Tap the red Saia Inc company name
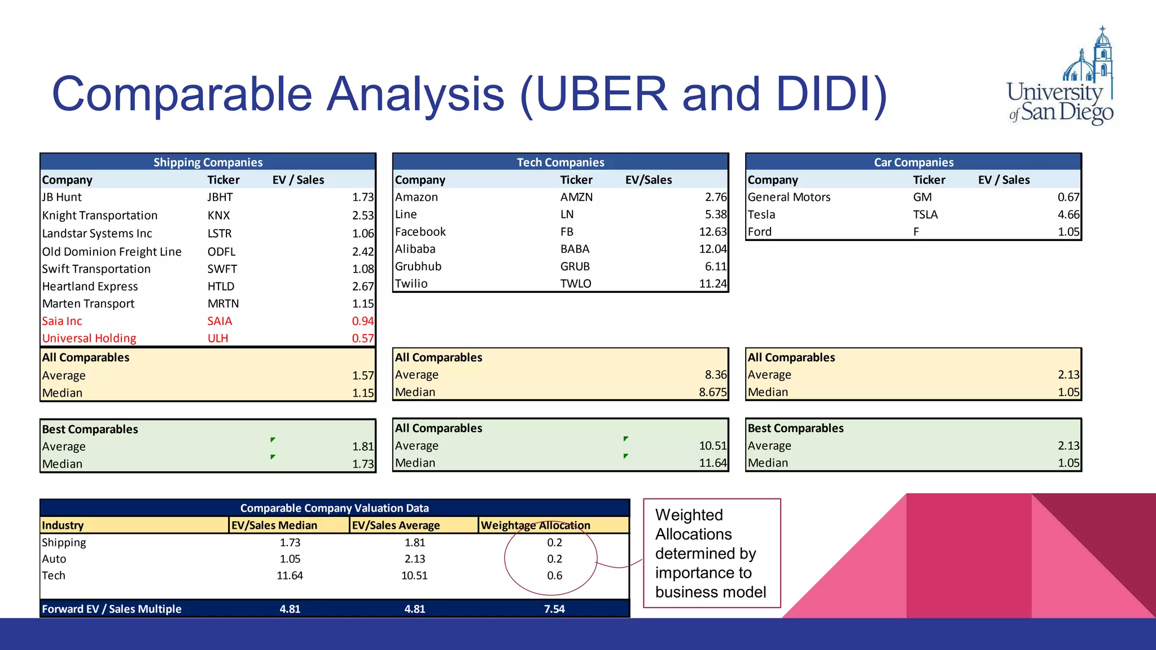pos(62,321)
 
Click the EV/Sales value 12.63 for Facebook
pos(712,232)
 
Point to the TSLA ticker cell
pos(925,214)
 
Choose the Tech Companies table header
pos(561,162)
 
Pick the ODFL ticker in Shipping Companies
pos(221,252)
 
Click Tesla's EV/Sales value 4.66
pos(1068,214)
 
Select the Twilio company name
pos(411,284)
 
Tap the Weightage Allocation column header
pos(535,525)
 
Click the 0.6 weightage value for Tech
pos(554,576)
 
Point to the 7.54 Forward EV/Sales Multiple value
pos(554,609)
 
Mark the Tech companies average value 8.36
pos(715,375)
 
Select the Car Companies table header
pos(913,162)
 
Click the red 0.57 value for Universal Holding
pos(362,339)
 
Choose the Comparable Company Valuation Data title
pos(334,508)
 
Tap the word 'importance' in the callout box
pos(703,573)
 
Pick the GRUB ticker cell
pos(575,266)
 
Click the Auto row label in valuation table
pos(54,559)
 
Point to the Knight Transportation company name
pos(100,216)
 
